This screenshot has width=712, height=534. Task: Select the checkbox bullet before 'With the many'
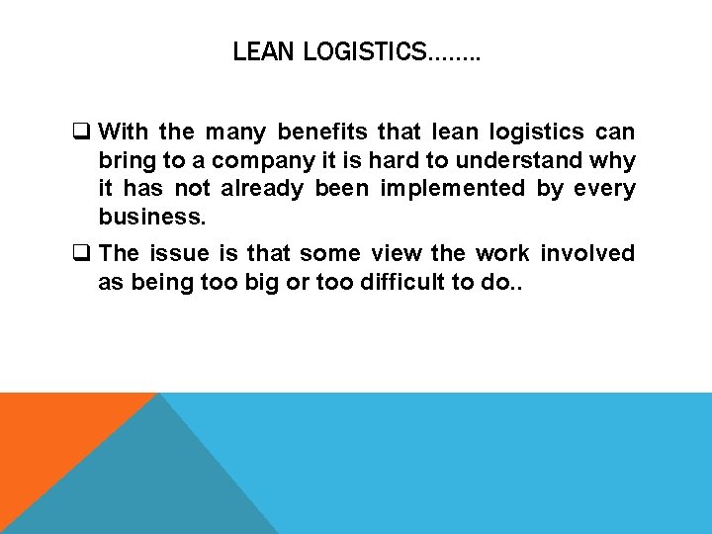[85, 133]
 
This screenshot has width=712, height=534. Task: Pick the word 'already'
[262, 188]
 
